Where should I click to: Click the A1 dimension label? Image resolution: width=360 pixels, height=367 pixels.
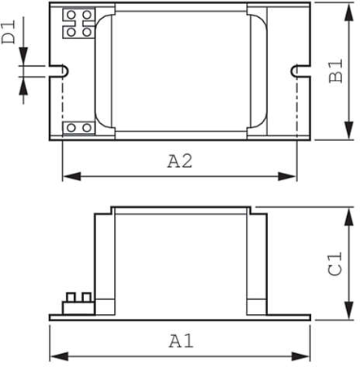point(181,340)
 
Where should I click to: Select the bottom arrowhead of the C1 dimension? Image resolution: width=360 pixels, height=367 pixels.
point(349,314)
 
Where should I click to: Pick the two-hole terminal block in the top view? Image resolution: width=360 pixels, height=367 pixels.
point(77,127)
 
